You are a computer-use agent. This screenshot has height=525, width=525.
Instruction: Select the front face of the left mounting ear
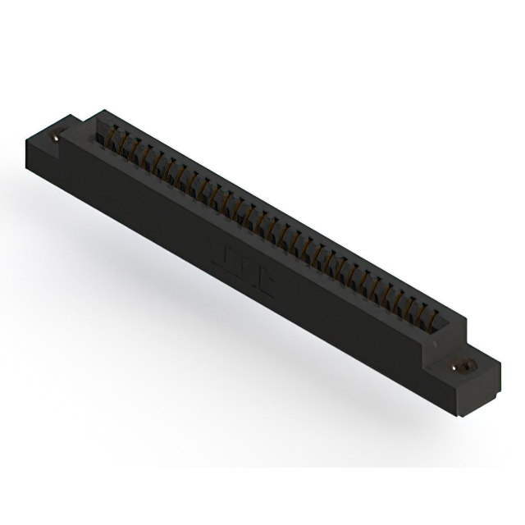pos(49,164)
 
